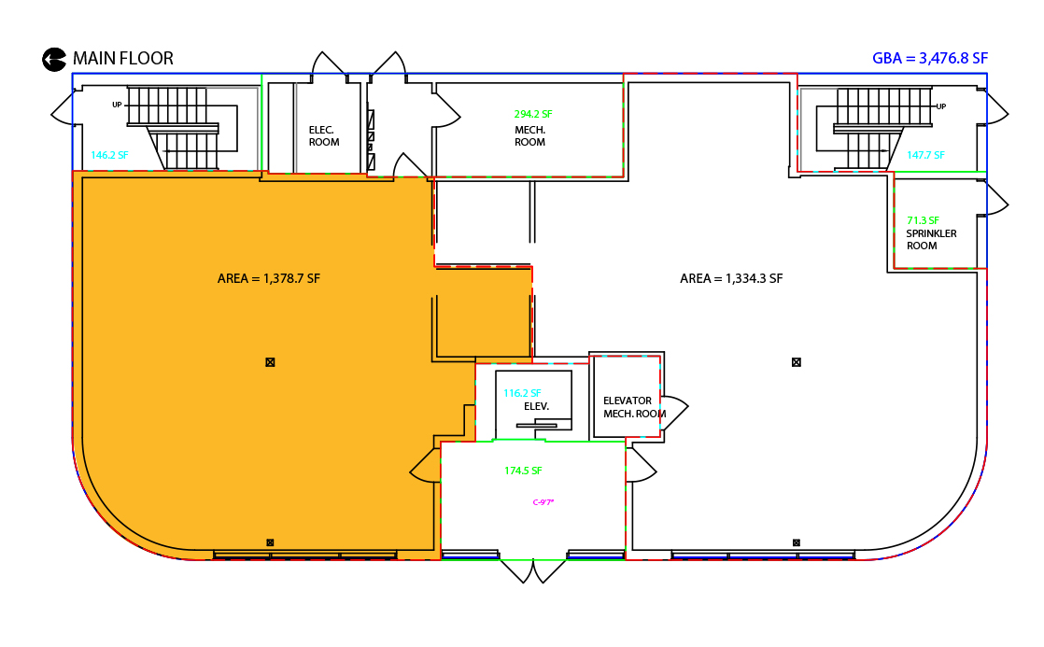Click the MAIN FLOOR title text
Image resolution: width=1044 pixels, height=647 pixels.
pyautogui.click(x=123, y=59)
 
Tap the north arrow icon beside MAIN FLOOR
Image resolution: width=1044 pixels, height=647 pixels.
pyautogui.click(x=54, y=59)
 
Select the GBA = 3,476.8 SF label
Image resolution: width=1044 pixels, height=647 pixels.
pyautogui.click(x=929, y=59)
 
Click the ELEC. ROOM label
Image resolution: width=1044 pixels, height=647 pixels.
pyautogui.click(x=324, y=135)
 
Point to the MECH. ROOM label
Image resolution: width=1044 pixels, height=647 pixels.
pyautogui.click(x=530, y=135)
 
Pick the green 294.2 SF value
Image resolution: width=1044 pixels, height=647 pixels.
pyautogui.click(x=533, y=114)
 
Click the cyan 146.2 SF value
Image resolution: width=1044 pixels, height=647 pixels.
pyautogui.click(x=109, y=155)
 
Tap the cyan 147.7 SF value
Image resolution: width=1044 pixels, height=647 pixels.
pyautogui.click(x=925, y=155)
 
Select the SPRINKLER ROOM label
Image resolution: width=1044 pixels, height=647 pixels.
pyautogui.click(x=931, y=240)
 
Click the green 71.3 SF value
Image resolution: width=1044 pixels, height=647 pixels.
pyautogui.click(x=923, y=220)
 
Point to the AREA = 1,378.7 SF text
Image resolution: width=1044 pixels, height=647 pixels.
pyautogui.click(x=268, y=279)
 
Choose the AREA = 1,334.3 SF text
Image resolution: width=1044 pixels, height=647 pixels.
pyautogui.click(x=731, y=279)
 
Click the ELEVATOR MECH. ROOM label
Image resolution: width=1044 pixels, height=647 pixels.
pyautogui.click(x=634, y=407)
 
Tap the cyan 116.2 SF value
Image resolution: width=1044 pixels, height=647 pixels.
pyautogui.click(x=522, y=393)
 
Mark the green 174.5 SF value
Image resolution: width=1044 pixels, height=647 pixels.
pyautogui.click(x=523, y=471)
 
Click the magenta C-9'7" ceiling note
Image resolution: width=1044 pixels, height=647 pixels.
pyautogui.click(x=543, y=502)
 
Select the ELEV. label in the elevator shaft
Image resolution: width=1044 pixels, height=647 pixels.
pyautogui.click(x=537, y=406)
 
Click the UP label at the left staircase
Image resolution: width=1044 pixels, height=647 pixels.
pyautogui.click(x=117, y=105)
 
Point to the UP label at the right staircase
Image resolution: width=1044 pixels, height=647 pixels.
pyautogui.click(x=940, y=106)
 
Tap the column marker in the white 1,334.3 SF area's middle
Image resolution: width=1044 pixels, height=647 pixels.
pyautogui.click(x=797, y=362)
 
